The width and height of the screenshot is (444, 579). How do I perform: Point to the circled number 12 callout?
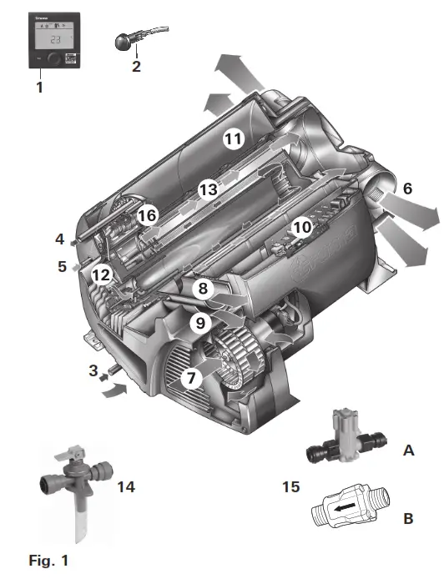pos(102,273)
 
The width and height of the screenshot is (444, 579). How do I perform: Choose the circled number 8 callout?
pos(202,289)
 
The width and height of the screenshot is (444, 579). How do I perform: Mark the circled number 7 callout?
pos(192,378)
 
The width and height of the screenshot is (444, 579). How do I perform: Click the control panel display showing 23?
pos(53,38)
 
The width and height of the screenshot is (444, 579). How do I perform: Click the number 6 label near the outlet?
pos(407,189)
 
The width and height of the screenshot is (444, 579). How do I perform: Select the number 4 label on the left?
pos(59,239)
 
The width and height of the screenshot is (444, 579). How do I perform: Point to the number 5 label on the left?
pos(59,267)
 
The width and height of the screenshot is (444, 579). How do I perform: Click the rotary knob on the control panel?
pos(53,59)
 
